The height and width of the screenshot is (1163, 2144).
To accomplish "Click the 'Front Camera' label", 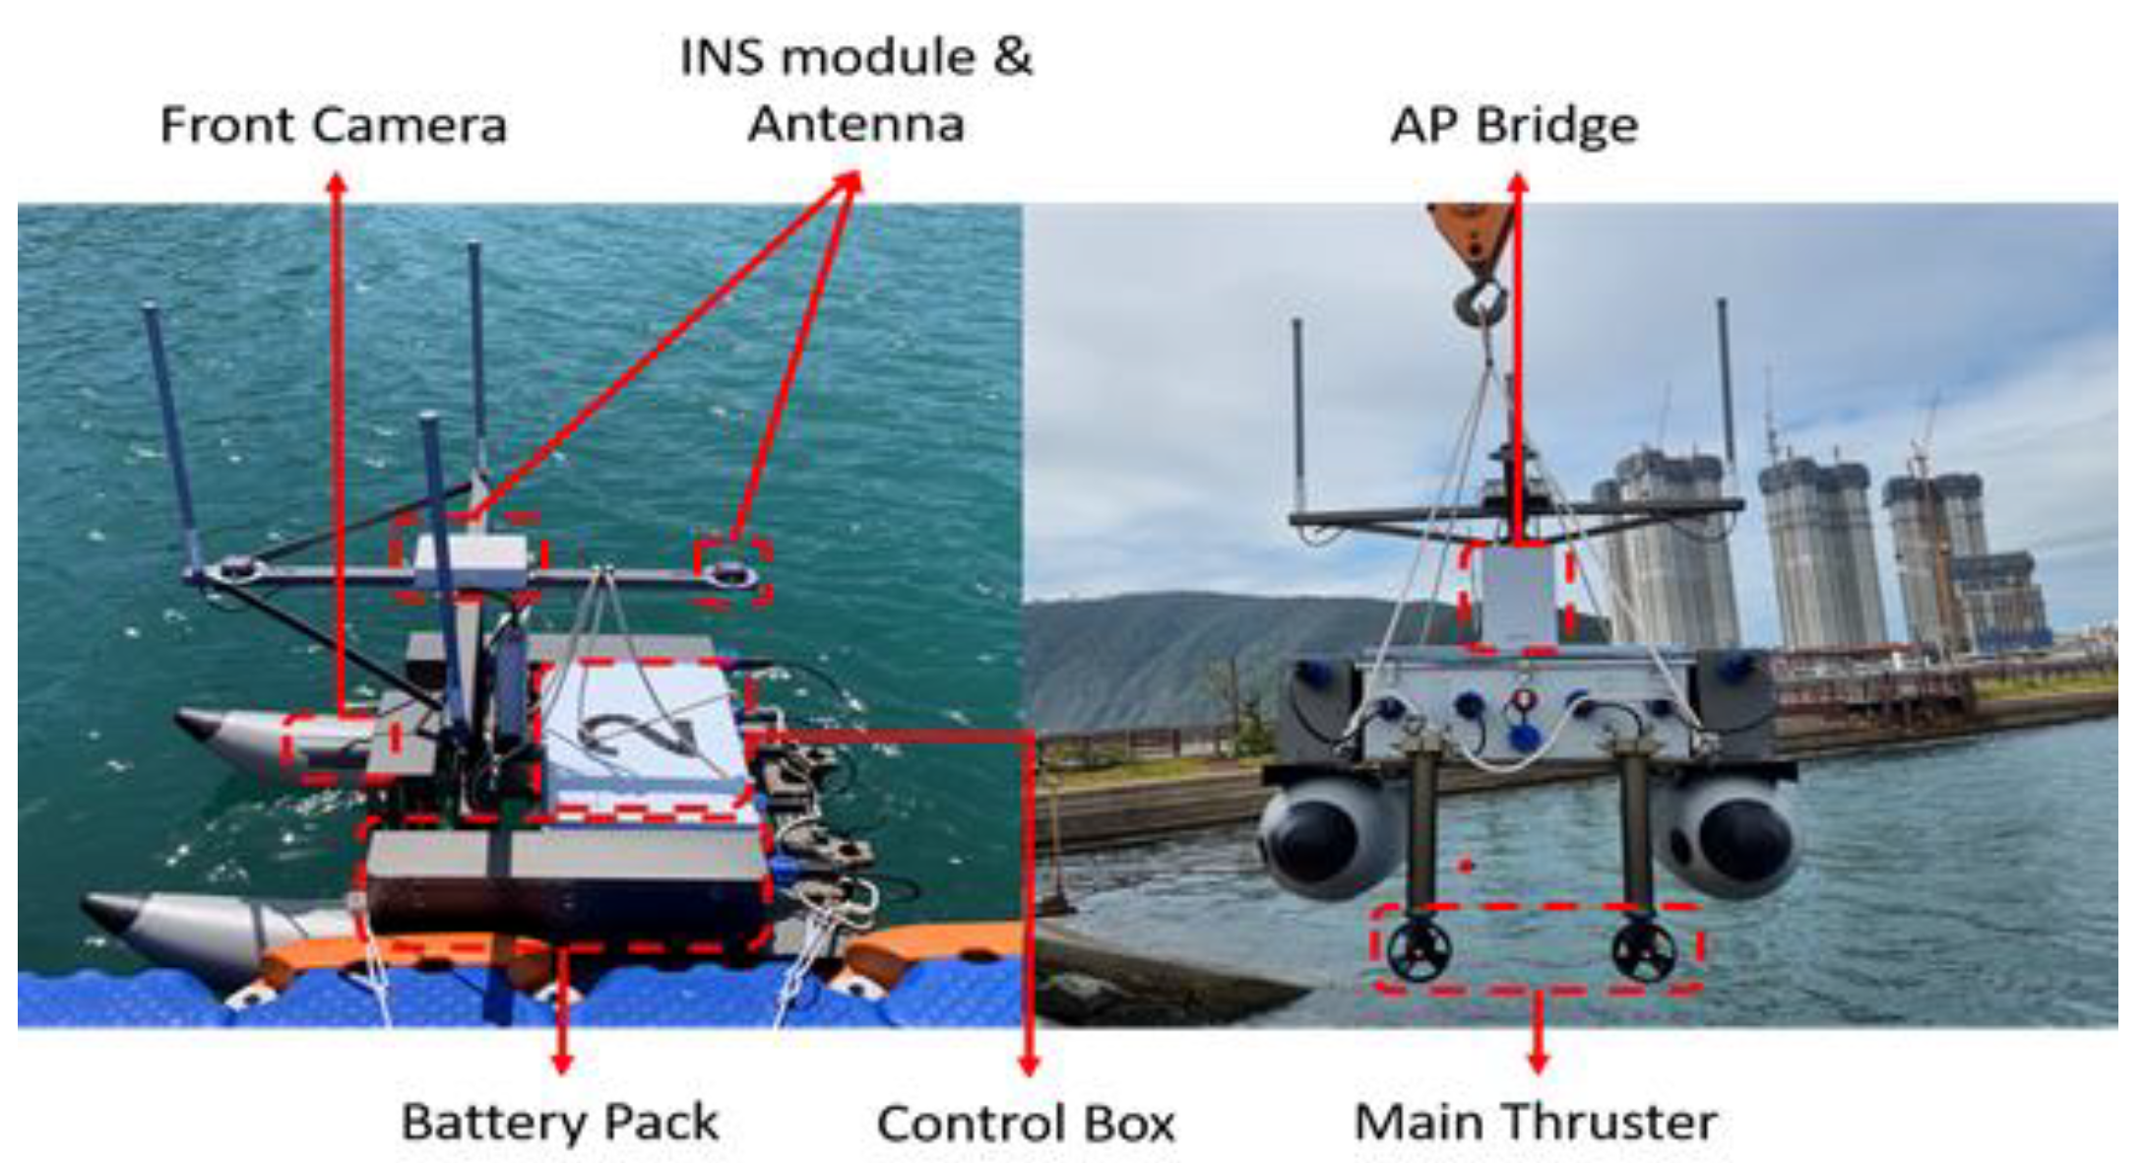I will tap(333, 125).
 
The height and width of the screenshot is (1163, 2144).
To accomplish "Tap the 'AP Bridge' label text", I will tap(1514, 125).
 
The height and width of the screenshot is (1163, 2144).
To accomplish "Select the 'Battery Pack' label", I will tap(559, 1122).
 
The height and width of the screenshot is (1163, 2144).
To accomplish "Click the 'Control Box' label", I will tap(1026, 1123).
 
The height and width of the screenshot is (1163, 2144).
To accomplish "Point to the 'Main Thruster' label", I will tap(1536, 1122).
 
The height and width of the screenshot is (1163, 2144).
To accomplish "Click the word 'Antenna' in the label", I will tap(855, 124).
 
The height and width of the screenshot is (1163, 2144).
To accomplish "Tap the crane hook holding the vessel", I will tap(1485, 299).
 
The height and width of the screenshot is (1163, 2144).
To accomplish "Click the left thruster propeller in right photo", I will tap(1419, 950).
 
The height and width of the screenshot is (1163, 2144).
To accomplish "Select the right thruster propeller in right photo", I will tap(1643, 950).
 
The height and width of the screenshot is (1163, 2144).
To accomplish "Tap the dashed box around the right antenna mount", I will tap(732, 571).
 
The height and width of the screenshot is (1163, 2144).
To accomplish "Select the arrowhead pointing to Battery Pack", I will tap(561, 1064).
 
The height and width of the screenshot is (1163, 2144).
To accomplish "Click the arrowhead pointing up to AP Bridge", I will tap(1518, 183).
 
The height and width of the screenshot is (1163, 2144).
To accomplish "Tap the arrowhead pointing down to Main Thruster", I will tap(1538, 1064).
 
